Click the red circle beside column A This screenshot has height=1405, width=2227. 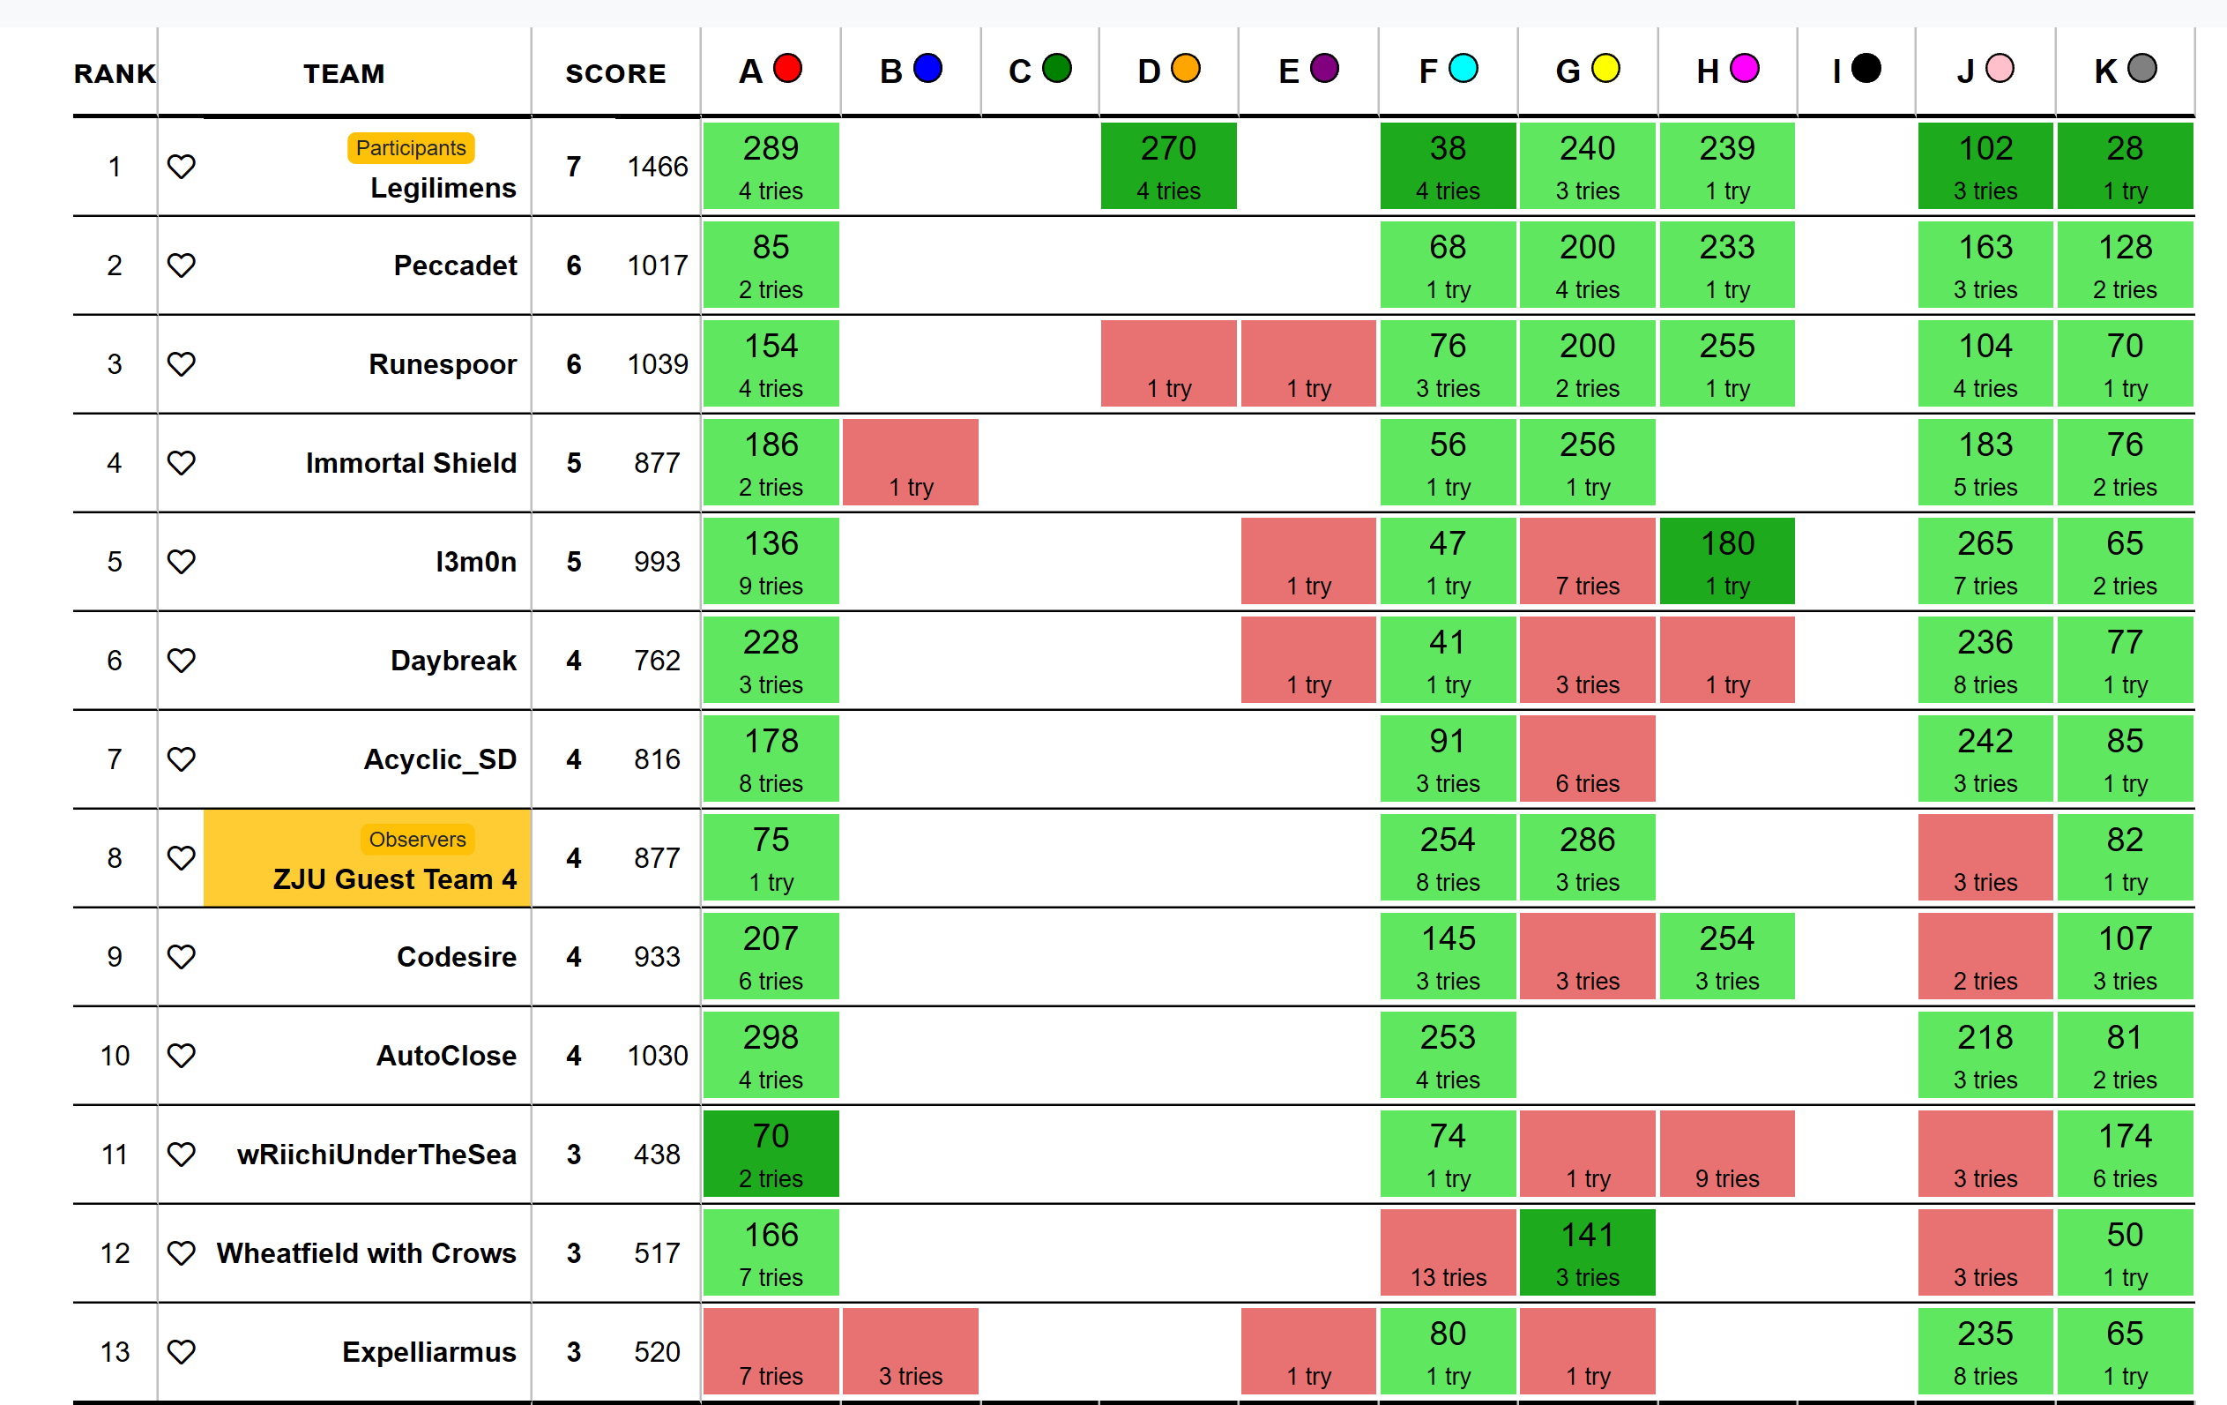(787, 69)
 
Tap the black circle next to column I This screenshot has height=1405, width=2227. (1866, 69)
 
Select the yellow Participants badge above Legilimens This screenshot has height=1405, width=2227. (411, 148)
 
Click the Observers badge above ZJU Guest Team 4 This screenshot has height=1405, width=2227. (417, 839)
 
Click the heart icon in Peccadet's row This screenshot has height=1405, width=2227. (182, 265)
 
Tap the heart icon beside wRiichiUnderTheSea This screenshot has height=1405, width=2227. (182, 1155)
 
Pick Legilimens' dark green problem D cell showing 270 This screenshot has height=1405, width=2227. (1168, 167)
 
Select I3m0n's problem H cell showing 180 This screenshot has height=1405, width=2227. (1726, 562)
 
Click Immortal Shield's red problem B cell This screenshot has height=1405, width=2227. (910, 462)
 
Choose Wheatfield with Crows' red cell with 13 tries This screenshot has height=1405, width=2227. (1448, 1252)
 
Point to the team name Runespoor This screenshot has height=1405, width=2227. (442, 364)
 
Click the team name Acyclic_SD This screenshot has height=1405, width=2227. (440, 759)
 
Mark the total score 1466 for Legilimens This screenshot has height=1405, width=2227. (657, 167)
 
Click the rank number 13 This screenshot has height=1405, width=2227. (115, 1352)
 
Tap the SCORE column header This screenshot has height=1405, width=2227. (615, 74)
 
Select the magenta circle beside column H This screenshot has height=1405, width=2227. (1744, 69)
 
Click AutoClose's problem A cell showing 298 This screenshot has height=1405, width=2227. (771, 1056)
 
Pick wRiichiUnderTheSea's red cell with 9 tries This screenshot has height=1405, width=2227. (1726, 1155)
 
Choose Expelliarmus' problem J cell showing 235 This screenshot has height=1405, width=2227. (1985, 1352)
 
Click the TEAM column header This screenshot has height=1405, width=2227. (344, 74)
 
